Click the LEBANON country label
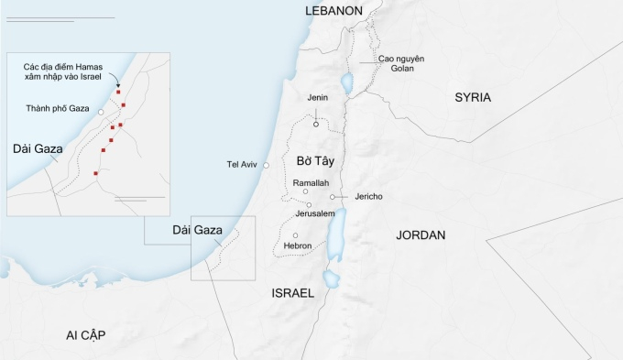click(333, 10)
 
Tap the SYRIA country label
click(473, 97)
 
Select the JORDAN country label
click(421, 235)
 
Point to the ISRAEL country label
click(292, 293)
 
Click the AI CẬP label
click(85, 335)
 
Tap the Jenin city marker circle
click(317, 124)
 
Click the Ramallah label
click(311, 183)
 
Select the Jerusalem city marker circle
click(310, 205)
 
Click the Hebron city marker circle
click(296, 235)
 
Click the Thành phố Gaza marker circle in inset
click(100, 110)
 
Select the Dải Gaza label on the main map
click(197, 230)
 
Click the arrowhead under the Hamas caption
click(118, 87)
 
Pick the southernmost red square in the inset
click(96, 173)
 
